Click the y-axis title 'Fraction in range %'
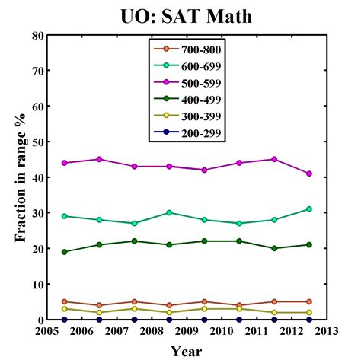click(x=21, y=177)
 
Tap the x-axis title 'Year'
click(x=186, y=350)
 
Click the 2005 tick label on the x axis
click(x=47, y=332)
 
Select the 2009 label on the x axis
click(x=186, y=332)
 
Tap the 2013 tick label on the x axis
click(x=325, y=332)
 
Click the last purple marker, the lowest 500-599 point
click(x=308, y=174)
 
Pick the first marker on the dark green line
click(x=64, y=252)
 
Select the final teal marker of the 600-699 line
click(x=308, y=209)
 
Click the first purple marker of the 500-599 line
click(x=64, y=163)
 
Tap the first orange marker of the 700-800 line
click(x=64, y=302)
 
